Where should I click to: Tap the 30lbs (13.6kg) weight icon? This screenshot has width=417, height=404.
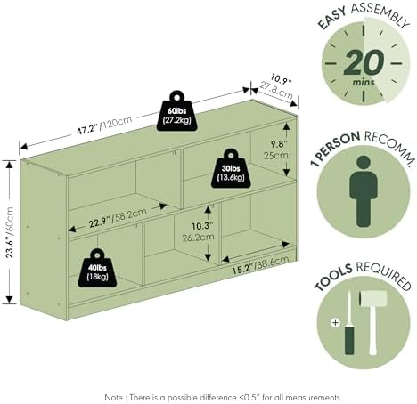point(231,169)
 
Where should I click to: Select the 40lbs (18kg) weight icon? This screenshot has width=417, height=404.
point(97,269)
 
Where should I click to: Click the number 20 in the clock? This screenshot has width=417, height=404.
point(364,63)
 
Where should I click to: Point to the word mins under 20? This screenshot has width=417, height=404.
point(364,82)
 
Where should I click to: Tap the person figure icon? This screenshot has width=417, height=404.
point(364,191)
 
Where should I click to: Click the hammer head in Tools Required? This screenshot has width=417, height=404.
point(373,299)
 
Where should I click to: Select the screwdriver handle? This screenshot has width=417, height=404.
point(349,340)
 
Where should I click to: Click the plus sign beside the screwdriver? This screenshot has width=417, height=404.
point(335,322)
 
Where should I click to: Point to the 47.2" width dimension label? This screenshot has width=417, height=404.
point(87,130)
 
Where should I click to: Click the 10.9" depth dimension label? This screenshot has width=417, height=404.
point(281,78)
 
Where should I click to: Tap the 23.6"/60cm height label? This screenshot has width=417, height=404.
point(10,232)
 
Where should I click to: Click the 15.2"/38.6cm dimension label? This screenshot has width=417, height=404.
point(260,264)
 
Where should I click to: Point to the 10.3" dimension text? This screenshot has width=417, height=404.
point(202,226)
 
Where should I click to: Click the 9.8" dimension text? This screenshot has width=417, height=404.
point(279,144)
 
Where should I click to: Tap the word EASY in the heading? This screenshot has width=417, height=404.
point(332,19)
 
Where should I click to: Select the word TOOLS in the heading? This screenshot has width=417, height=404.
point(333,278)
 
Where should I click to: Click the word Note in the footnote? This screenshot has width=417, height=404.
point(113,397)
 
